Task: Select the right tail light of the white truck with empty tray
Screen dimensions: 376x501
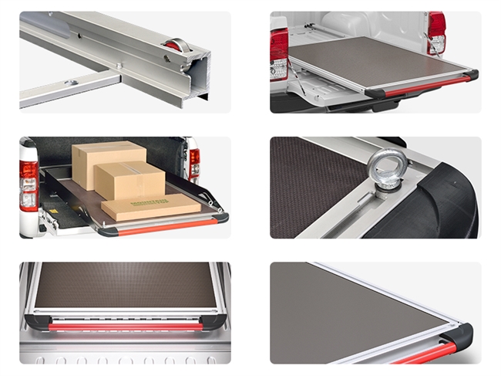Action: coord(437,32)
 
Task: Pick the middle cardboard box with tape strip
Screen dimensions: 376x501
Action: coord(136,183)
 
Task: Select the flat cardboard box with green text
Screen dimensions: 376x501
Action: coord(150,205)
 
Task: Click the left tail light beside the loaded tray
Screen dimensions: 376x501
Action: coord(29,185)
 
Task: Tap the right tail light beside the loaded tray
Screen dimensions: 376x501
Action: coord(194,163)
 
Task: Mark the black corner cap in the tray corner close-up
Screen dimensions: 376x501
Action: coord(460,338)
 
